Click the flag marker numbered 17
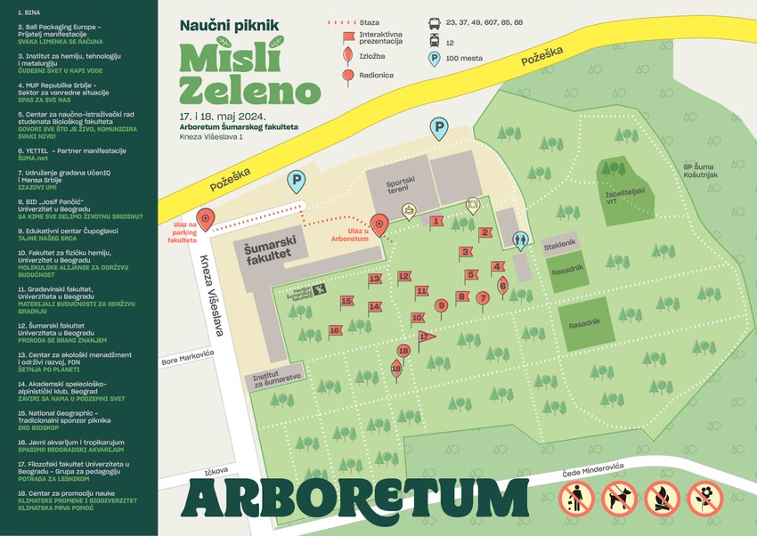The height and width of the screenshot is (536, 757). (x=426, y=336)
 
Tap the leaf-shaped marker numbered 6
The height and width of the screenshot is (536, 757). (x=502, y=284)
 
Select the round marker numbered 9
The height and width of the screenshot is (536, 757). (x=440, y=305)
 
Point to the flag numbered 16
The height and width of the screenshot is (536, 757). (x=335, y=330)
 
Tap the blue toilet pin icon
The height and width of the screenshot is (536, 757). (x=520, y=240)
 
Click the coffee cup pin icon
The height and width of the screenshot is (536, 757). (x=409, y=210)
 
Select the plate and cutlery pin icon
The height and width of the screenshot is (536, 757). (x=473, y=204)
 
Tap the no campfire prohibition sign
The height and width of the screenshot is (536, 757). (x=663, y=499)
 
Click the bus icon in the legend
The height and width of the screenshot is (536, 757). (x=434, y=20)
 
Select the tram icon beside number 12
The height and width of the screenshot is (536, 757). (x=434, y=41)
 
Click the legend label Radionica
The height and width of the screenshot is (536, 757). (x=376, y=76)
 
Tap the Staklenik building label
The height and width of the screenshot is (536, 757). (x=559, y=242)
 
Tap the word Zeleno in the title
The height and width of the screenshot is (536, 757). (x=249, y=89)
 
